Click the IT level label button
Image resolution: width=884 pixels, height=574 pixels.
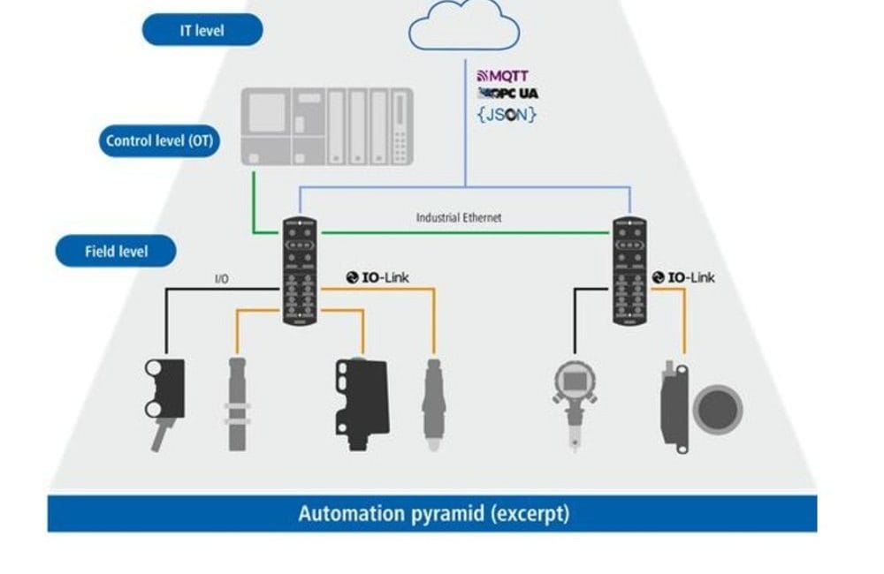click(x=202, y=30)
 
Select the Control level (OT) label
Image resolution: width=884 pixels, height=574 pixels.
click(x=159, y=140)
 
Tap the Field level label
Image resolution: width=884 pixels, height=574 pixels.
click(x=116, y=252)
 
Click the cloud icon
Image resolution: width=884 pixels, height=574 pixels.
click(x=462, y=26)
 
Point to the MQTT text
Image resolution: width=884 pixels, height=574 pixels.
click(x=503, y=77)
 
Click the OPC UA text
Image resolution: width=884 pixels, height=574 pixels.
click(x=508, y=94)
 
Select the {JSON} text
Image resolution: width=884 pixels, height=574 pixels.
click(x=507, y=114)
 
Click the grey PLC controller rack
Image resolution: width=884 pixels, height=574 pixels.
click(x=328, y=126)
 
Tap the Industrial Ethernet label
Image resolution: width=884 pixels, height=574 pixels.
click(x=459, y=217)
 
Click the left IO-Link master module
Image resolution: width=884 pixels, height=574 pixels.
click(x=300, y=269)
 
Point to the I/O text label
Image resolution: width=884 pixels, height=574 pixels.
click(x=222, y=279)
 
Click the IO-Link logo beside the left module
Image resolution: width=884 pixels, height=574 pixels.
click(x=377, y=277)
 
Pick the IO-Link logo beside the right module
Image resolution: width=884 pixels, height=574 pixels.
click(x=683, y=277)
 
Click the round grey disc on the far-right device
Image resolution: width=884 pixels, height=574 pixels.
click(x=716, y=409)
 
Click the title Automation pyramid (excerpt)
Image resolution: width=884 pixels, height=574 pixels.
click(x=433, y=513)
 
